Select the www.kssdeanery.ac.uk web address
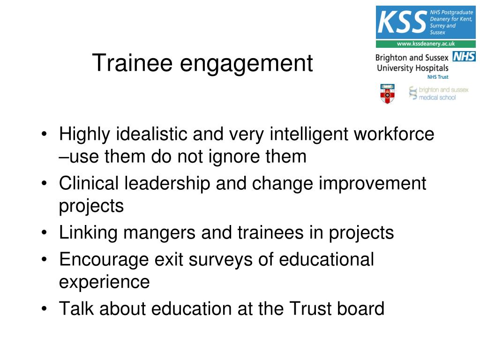426,44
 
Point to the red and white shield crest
387,93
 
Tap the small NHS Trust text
437,77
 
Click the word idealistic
149,135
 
